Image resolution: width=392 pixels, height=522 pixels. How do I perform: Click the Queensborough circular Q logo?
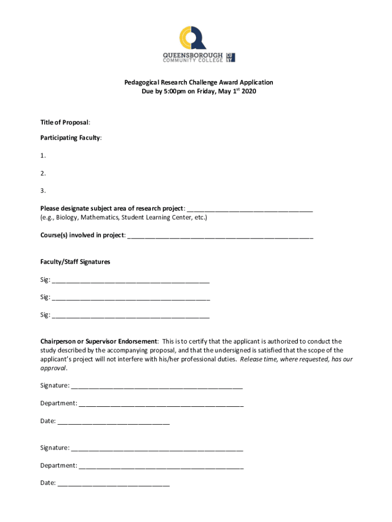point(193,38)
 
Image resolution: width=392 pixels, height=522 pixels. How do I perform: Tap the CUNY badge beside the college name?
point(230,57)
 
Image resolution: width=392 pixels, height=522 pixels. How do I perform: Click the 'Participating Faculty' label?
point(71,138)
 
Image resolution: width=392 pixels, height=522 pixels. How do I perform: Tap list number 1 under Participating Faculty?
point(43,155)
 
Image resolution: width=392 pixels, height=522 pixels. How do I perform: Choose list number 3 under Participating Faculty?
point(43,191)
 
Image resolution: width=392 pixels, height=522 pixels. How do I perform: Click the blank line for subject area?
point(250,209)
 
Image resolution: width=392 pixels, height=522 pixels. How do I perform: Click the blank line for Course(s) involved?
point(220,236)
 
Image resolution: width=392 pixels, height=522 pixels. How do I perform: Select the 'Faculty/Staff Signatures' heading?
point(75,262)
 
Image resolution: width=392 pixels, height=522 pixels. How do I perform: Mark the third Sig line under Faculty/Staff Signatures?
point(131,316)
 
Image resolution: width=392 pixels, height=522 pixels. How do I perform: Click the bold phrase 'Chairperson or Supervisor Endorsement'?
point(99,341)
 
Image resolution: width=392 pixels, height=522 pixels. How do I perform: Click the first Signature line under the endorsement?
point(157,386)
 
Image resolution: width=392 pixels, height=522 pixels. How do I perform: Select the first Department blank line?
point(161,404)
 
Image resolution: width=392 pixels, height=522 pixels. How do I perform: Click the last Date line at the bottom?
point(114,483)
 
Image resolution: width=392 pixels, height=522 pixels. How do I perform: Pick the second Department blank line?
point(161,466)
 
